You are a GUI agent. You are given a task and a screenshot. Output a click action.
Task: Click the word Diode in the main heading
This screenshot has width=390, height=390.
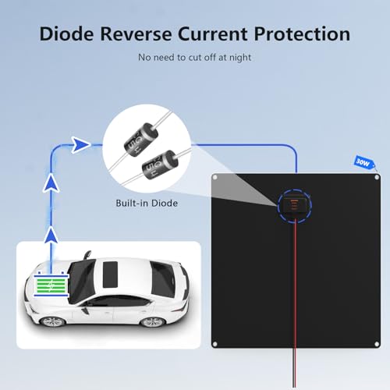coord(66,34)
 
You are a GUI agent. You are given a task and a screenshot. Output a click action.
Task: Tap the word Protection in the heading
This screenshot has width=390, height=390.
coord(302,34)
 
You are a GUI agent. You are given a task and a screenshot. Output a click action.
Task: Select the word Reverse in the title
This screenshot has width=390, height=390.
coord(136,34)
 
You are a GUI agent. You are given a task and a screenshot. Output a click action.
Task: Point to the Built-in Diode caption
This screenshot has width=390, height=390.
coord(147,203)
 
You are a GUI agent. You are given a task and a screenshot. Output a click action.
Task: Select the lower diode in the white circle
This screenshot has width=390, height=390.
coord(160,165)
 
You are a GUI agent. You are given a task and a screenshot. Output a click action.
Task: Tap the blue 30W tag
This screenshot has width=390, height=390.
coord(364,163)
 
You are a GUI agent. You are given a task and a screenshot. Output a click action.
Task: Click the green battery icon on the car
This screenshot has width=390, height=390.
coord(51,284)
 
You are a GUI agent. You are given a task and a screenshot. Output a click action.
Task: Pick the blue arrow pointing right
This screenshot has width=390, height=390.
coord(80,144)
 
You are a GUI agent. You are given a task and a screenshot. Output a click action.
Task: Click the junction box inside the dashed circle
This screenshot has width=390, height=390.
coord(294,205)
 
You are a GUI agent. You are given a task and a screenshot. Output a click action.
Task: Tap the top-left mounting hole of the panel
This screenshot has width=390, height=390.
coord(215,178)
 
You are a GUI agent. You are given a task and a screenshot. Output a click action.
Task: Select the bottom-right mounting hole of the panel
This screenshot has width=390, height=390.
coord(377,344)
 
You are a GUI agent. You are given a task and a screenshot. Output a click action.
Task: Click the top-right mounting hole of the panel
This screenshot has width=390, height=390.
coord(377,178)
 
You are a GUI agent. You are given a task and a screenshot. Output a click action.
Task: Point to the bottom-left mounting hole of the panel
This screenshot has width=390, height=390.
coord(215,344)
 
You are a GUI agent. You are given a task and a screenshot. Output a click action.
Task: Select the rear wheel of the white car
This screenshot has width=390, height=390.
coord(153,322)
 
